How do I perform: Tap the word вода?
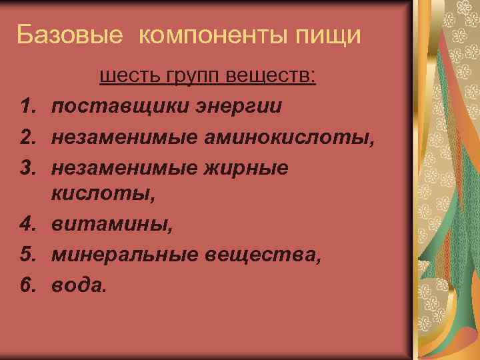pyautogui.click(x=79, y=285)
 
